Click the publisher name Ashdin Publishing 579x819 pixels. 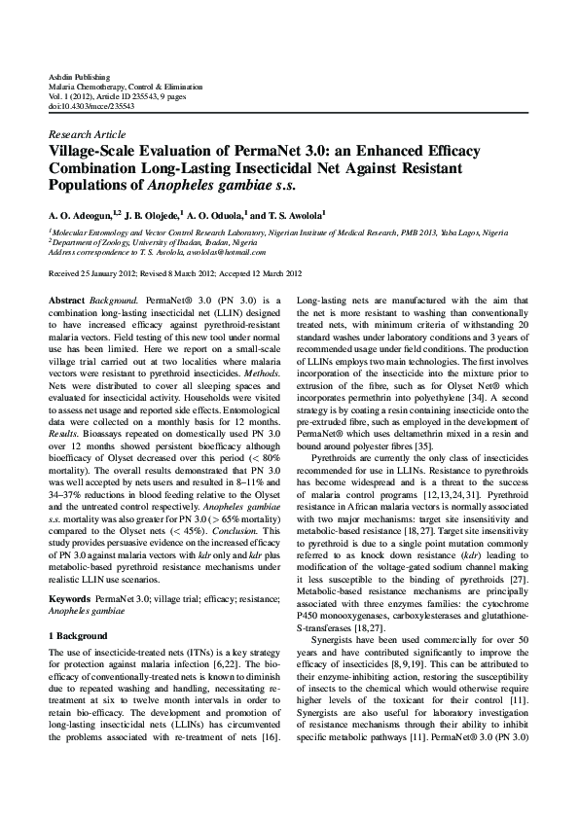pyautogui.click(x=79, y=76)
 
